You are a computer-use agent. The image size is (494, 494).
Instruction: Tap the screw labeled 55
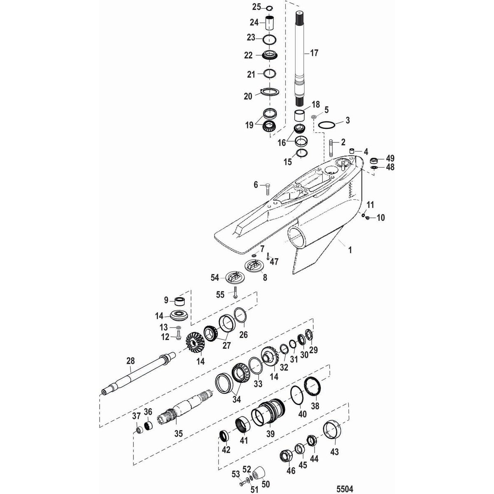coord(235,293)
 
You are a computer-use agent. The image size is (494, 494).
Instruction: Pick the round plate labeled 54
coord(233,277)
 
